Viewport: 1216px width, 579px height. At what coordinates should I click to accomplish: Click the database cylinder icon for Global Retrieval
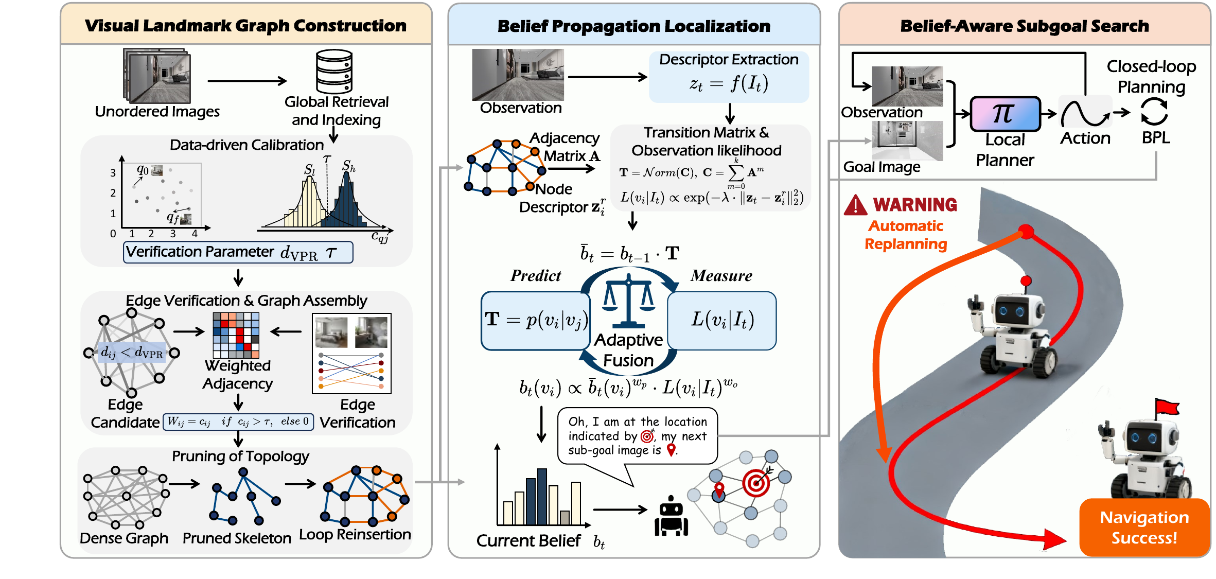(334, 71)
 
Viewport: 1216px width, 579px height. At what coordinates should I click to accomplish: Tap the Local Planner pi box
(1005, 114)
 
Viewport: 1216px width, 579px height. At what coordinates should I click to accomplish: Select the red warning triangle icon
(855, 205)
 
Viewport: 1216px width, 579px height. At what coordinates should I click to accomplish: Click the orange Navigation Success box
(1144, 527)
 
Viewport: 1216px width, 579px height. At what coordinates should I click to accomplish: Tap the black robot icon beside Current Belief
(671, 516)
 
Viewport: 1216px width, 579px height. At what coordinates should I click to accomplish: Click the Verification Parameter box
(238, 252)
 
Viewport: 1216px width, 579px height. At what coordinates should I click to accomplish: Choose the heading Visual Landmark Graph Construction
(245, 26)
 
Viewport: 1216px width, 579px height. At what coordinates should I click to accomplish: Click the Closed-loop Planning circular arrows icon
(1154, 112)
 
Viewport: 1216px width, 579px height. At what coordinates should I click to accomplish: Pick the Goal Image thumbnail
(907, 140)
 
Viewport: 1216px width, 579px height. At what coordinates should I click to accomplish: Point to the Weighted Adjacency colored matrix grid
(236, 335)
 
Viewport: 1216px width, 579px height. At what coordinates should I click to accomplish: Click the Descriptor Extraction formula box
(729, 77)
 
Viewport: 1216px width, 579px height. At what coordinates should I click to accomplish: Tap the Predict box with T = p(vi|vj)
(535, 321)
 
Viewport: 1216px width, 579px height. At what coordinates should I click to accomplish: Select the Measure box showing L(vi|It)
(722, 321)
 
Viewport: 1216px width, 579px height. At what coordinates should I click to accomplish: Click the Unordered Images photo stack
(157, 76)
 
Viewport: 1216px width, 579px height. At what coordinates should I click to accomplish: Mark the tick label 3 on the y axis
(113, 173)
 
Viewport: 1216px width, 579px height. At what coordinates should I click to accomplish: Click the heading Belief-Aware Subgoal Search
(1025, 26)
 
